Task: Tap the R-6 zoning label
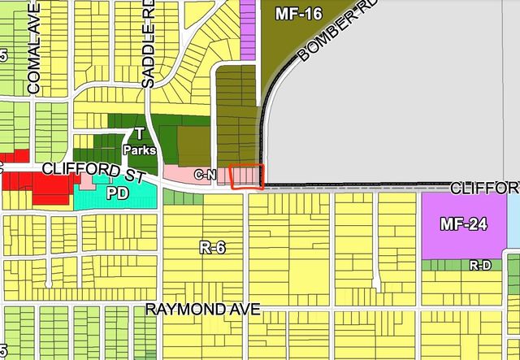click(x=212, y=249)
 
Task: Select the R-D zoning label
click(x=479, y=265)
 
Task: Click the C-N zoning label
click(x=204, y=174)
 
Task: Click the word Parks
click(x=139, y=150)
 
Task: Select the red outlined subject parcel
click(x=247, y=177)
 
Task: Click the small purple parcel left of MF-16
click(x=248, y=29)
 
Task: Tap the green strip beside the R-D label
click(x=443, y=265)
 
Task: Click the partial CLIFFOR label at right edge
click(x=484, y=189)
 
